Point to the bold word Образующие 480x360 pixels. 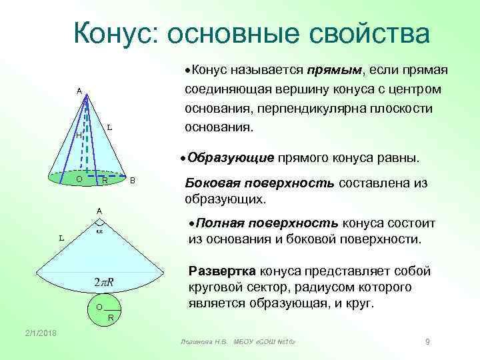pyautogui.click(x=231, y=158)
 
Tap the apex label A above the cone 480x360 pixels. pyautogui.click(x=79, y=91)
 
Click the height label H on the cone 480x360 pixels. pyautogui.click(x=78, y=135)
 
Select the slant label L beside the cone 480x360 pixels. pyautogui.click(x=109, y=127)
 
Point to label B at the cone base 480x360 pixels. pyautogui.click(x=133, y=181)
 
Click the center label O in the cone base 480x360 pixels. pyautogui.click(x=79, y=179)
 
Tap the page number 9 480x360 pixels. pyautogui.click(x=427, y=342)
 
